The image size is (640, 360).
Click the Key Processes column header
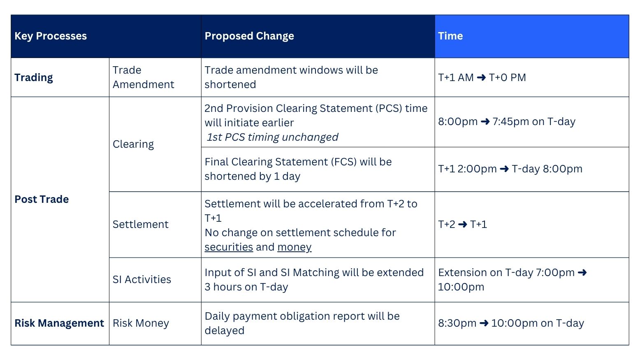(x=51, y=36)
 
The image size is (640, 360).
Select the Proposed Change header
(x=249, y=36)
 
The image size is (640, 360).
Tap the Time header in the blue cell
(x=450, y=36)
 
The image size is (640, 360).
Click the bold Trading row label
(x=33, y=77)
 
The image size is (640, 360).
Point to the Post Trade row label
(x=42, y=199)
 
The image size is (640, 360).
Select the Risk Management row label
(x=59, y=323)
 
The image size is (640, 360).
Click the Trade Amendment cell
(x=143, y=77)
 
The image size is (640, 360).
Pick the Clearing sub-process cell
(x=133, y=144)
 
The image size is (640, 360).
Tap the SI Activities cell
(x=142, y=279)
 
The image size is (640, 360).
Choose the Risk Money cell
(x=141, y=323)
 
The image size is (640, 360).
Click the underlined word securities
(x=229, y=247)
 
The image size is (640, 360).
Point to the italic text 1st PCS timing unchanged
(x=272, y=137)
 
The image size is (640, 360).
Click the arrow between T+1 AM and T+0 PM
(x=481, y=77)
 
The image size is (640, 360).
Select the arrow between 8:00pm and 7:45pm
(x=485, y=122)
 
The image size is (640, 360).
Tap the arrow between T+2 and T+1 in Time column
(x=463, y=224)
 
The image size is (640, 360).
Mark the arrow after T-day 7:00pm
(x=582, y=272)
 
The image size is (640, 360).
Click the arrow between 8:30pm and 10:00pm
(x=484, y=323)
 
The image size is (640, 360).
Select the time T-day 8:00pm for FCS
(x=547, y=169)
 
